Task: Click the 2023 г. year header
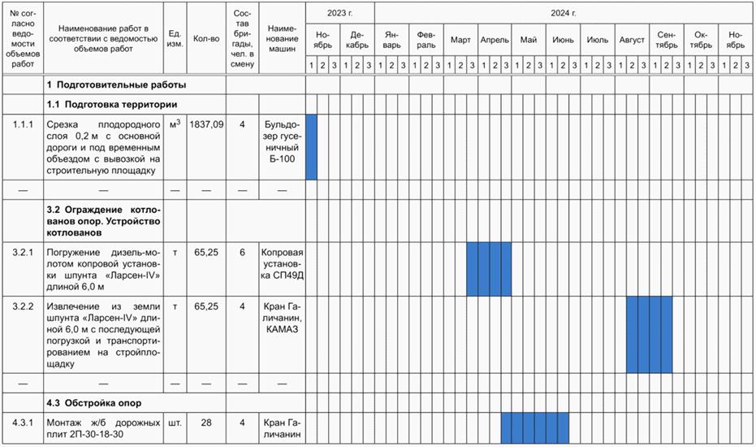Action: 340,13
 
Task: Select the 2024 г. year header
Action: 563,13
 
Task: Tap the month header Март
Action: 460,40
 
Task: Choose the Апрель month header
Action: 495,40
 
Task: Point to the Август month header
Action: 632,40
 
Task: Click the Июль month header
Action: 598,40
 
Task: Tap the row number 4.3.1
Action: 23,423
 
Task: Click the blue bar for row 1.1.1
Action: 311,147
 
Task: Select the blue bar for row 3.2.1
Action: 489,269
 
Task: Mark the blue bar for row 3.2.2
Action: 649,334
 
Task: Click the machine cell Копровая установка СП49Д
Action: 283,263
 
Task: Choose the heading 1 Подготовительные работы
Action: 116,85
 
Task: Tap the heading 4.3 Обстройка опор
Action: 94,403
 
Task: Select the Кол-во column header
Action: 206,39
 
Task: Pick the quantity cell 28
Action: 206,423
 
